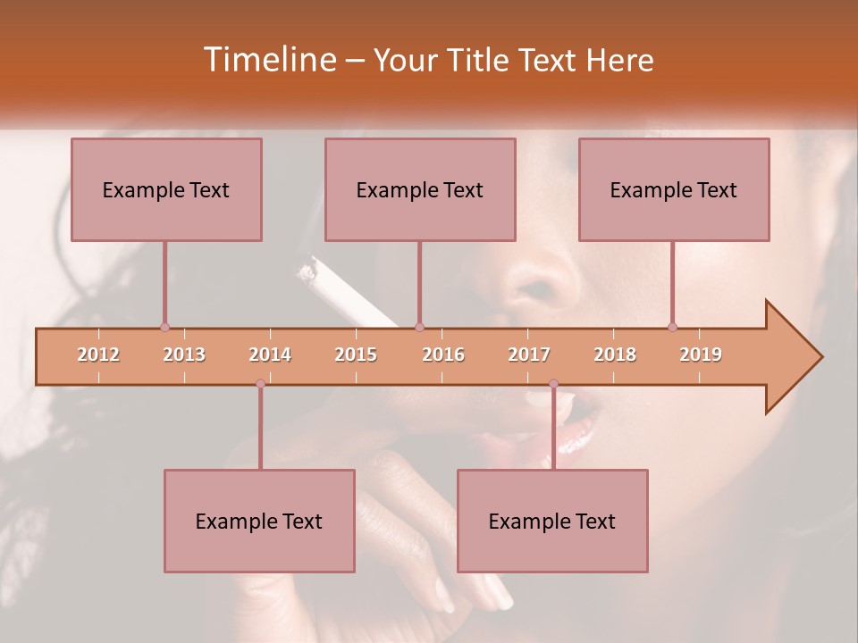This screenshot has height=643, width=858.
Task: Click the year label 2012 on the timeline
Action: [98, 355]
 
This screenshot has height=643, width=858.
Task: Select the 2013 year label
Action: [184, 355]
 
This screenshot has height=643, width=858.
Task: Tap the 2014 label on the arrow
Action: [270, 355]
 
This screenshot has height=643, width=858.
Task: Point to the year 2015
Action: [356, 355]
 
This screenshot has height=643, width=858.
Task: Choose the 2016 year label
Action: [443, 355]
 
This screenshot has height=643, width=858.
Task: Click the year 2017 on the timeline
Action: [529, 355]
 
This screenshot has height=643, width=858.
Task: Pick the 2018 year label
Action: [615, 355]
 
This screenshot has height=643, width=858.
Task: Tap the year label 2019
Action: [701, 355]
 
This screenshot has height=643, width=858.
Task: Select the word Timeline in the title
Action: [268, 60]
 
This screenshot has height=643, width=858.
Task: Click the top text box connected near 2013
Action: [166, 189]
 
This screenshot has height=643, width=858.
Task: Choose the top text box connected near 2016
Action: [420, 189]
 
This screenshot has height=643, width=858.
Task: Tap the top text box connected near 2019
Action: [674, 189]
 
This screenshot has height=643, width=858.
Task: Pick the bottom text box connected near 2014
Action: [259, 521]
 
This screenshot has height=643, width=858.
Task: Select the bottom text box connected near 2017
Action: [552, 521]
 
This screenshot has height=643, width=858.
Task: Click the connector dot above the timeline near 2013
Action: [164, 327]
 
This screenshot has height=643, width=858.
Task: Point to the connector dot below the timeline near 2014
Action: [260, 384]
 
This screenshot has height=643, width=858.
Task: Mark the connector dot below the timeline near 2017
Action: [553, 384]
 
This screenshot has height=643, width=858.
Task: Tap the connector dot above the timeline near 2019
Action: [672, 327]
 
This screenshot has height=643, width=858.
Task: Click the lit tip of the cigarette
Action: [307, 271]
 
